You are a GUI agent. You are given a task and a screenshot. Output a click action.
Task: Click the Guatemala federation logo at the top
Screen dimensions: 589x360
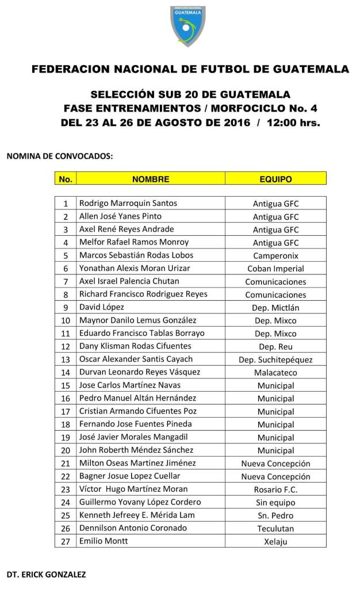(188, 26)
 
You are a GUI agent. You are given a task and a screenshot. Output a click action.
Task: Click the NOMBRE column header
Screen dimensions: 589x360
(151, 179)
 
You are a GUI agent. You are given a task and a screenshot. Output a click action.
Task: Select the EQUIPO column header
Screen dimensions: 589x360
(275, 179)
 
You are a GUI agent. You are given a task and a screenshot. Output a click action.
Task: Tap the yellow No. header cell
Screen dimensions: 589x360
(66, 179)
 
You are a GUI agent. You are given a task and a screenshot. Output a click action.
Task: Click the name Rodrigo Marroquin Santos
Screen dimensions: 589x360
(128, 203)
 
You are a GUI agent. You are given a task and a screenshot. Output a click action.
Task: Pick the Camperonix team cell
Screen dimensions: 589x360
(275, 255)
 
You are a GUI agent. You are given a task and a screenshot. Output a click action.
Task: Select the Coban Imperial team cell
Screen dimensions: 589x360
(275, 269)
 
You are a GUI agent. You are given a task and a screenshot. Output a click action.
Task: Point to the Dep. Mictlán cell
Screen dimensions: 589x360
(275, 308)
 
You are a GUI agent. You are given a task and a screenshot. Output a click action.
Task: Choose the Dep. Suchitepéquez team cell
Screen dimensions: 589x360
(275, 359)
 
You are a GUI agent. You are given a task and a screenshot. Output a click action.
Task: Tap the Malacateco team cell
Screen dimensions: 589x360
(275, 373)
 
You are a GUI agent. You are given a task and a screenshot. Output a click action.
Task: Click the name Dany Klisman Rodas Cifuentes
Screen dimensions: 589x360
(135, 346)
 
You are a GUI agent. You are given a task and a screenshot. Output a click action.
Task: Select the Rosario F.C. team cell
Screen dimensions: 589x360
(275, 489)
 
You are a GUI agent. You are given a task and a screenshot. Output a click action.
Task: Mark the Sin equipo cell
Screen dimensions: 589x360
(275, 503)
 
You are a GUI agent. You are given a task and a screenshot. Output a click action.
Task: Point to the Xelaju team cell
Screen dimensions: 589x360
(275, 541)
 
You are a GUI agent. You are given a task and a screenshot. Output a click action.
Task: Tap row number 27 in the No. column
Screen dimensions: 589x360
(66, 541)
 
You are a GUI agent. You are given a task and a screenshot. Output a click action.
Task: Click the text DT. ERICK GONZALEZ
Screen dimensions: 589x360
(47, 575)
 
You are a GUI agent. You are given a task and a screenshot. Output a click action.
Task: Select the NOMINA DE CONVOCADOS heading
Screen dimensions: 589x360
(59, 156)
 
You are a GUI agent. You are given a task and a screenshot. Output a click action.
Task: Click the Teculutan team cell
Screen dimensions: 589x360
(275, 529)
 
